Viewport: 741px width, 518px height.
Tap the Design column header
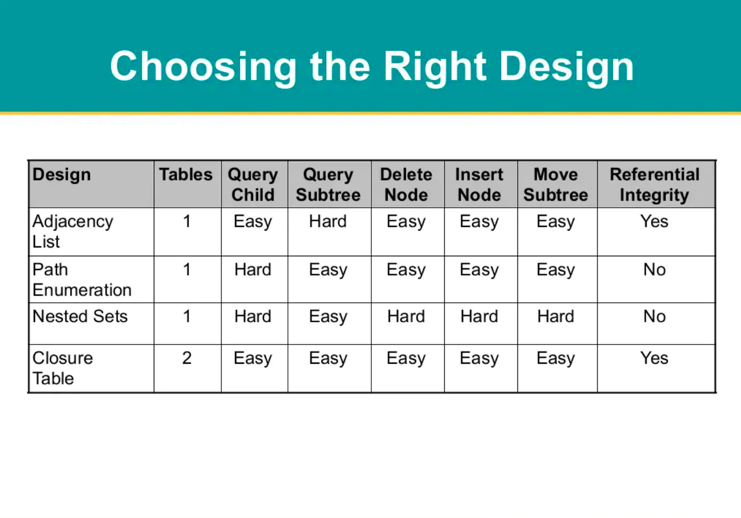(62, 174)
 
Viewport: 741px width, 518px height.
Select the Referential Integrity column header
(655, 185)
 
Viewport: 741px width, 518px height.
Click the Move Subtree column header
(556, 185)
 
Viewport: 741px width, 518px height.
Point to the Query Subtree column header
(328, 185)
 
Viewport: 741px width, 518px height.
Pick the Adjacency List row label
(73, 232)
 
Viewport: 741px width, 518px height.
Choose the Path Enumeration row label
(82, 280)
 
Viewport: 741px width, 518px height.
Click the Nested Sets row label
(80, 316)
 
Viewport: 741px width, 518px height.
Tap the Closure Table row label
(63, 368)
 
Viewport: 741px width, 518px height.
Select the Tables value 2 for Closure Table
(187, 358)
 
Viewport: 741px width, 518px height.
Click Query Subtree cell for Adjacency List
(328, 221)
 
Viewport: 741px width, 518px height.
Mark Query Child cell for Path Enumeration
(253, 269)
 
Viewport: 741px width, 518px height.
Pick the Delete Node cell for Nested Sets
(406, 316)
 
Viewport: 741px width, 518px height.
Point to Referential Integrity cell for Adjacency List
(654, 221)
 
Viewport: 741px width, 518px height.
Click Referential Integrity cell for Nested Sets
(655, 316)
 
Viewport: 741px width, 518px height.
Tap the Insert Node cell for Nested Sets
(479, 316)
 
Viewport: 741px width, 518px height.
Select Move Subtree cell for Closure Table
(556, 359)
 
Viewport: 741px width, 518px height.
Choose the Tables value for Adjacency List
(187, 221)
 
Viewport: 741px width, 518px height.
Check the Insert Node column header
(479, 185)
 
